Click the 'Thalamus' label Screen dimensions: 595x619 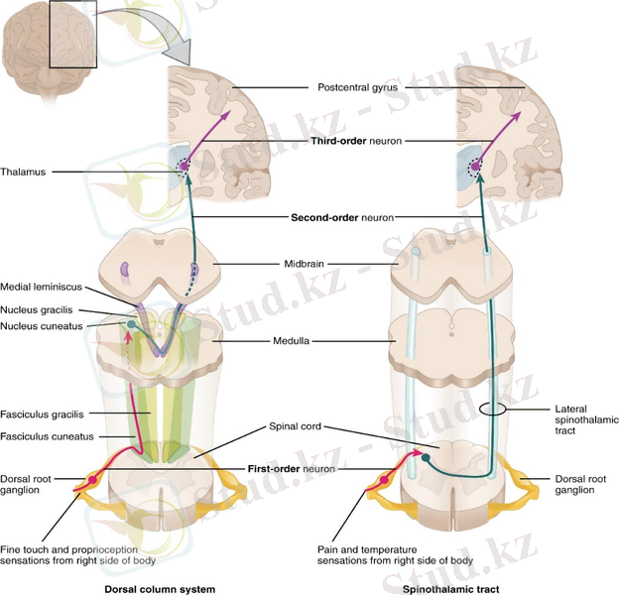tap(23, 172)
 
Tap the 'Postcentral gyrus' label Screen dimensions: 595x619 tap(358, 87)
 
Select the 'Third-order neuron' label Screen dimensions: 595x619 tap(357, 142)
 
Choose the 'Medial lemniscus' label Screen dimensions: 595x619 tap(41, 289)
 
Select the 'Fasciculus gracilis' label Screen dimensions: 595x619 tap(45, 414)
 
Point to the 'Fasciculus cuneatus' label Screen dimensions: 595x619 tap(47, 434)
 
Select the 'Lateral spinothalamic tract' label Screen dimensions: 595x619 tap(576, 417)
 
